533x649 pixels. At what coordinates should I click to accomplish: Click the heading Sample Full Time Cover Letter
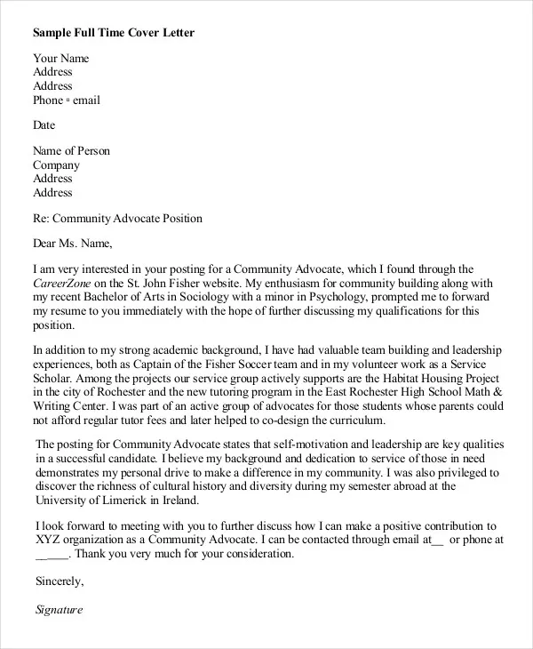tap(114, 33)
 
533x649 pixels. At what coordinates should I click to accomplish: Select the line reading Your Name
tap(61, 59)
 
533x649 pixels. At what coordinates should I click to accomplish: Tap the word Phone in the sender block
tap(48, 100)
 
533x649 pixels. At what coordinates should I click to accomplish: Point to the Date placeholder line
tap(44, 125)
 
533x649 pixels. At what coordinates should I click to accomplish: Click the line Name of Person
tap(72, 151)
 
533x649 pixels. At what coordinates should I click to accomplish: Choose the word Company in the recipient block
tap(57, 165)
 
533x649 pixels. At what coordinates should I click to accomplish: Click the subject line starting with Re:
tap(117, 219)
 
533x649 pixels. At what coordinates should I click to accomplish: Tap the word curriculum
tap(354, 421)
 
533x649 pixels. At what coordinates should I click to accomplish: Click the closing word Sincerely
tap(59, 581)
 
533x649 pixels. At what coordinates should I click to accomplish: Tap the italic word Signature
tap(59, 610)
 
